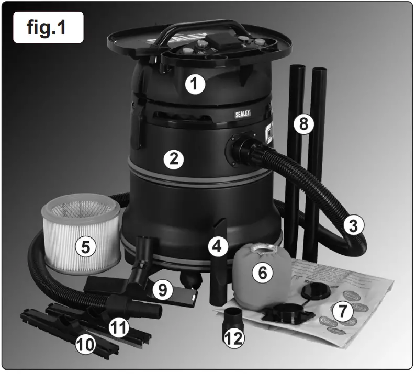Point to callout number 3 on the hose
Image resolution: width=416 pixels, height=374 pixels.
coord(354,226)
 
